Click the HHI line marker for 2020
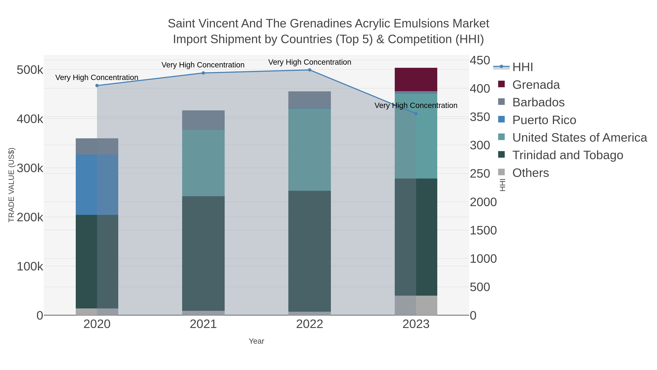tap(97, 86)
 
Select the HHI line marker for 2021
tap(203, 73)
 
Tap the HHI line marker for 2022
tap(310, 70)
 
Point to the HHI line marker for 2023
tap(416, 114)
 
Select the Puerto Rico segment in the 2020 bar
tap(97, 184)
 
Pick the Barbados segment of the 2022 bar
tap(310, 100)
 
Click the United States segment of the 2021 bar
tap(203, 163)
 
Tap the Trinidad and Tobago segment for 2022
tap(310, 251)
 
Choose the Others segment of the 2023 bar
tap(416, 305)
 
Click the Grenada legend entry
tap(536, 85)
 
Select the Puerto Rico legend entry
tap(544, 120)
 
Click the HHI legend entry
tap(522, 67)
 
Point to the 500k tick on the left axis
tap(30, 70)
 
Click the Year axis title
tap(256, 341)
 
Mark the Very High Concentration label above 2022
tap(310, 62)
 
